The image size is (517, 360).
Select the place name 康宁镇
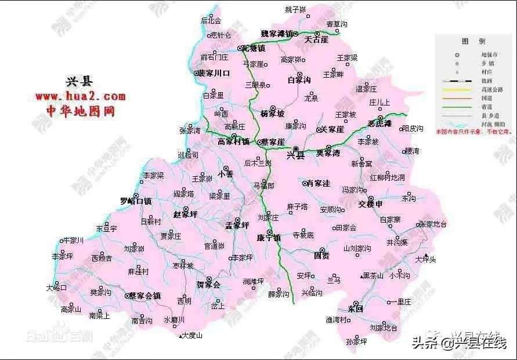click(x=269, y=238)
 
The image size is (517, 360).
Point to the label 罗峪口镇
click(x=136, y=202)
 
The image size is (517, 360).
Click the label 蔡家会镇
click(x=144, y=296)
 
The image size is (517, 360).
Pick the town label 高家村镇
click(x=233, y=141)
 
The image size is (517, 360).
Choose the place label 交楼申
click(x=371, y=204)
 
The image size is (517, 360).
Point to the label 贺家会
click(x=208, y=285)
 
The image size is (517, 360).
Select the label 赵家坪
click(x=186, y=214)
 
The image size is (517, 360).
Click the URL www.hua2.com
click(x=80, y=96)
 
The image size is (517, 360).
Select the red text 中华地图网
click(x=80, y=111)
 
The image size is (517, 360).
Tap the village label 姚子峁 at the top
click(x=296, y=10)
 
